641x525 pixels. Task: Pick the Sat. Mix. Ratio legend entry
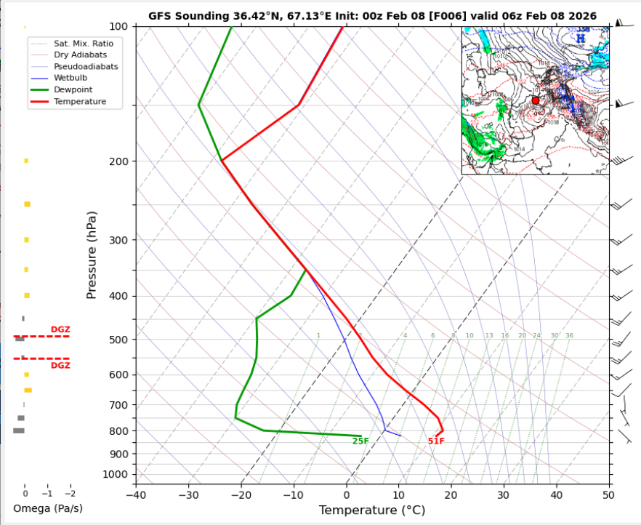[83, 44]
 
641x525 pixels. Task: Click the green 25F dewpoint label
[360, 441]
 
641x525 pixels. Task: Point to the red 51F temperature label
[436, 441]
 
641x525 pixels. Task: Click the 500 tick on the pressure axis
[118, 340]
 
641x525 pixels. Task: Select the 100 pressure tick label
[118, 27]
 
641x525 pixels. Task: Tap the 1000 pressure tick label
[116, 474]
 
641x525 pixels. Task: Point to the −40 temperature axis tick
[136, 495]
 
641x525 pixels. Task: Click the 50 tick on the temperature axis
[608, 495]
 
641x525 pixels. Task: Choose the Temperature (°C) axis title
[371, 510]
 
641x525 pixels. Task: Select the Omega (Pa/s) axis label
[48, 508]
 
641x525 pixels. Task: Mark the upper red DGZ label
[60, 330]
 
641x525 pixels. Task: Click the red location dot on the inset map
[536, 100]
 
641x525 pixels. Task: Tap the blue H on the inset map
[581, 38]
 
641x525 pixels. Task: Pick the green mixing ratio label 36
[569, 336]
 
